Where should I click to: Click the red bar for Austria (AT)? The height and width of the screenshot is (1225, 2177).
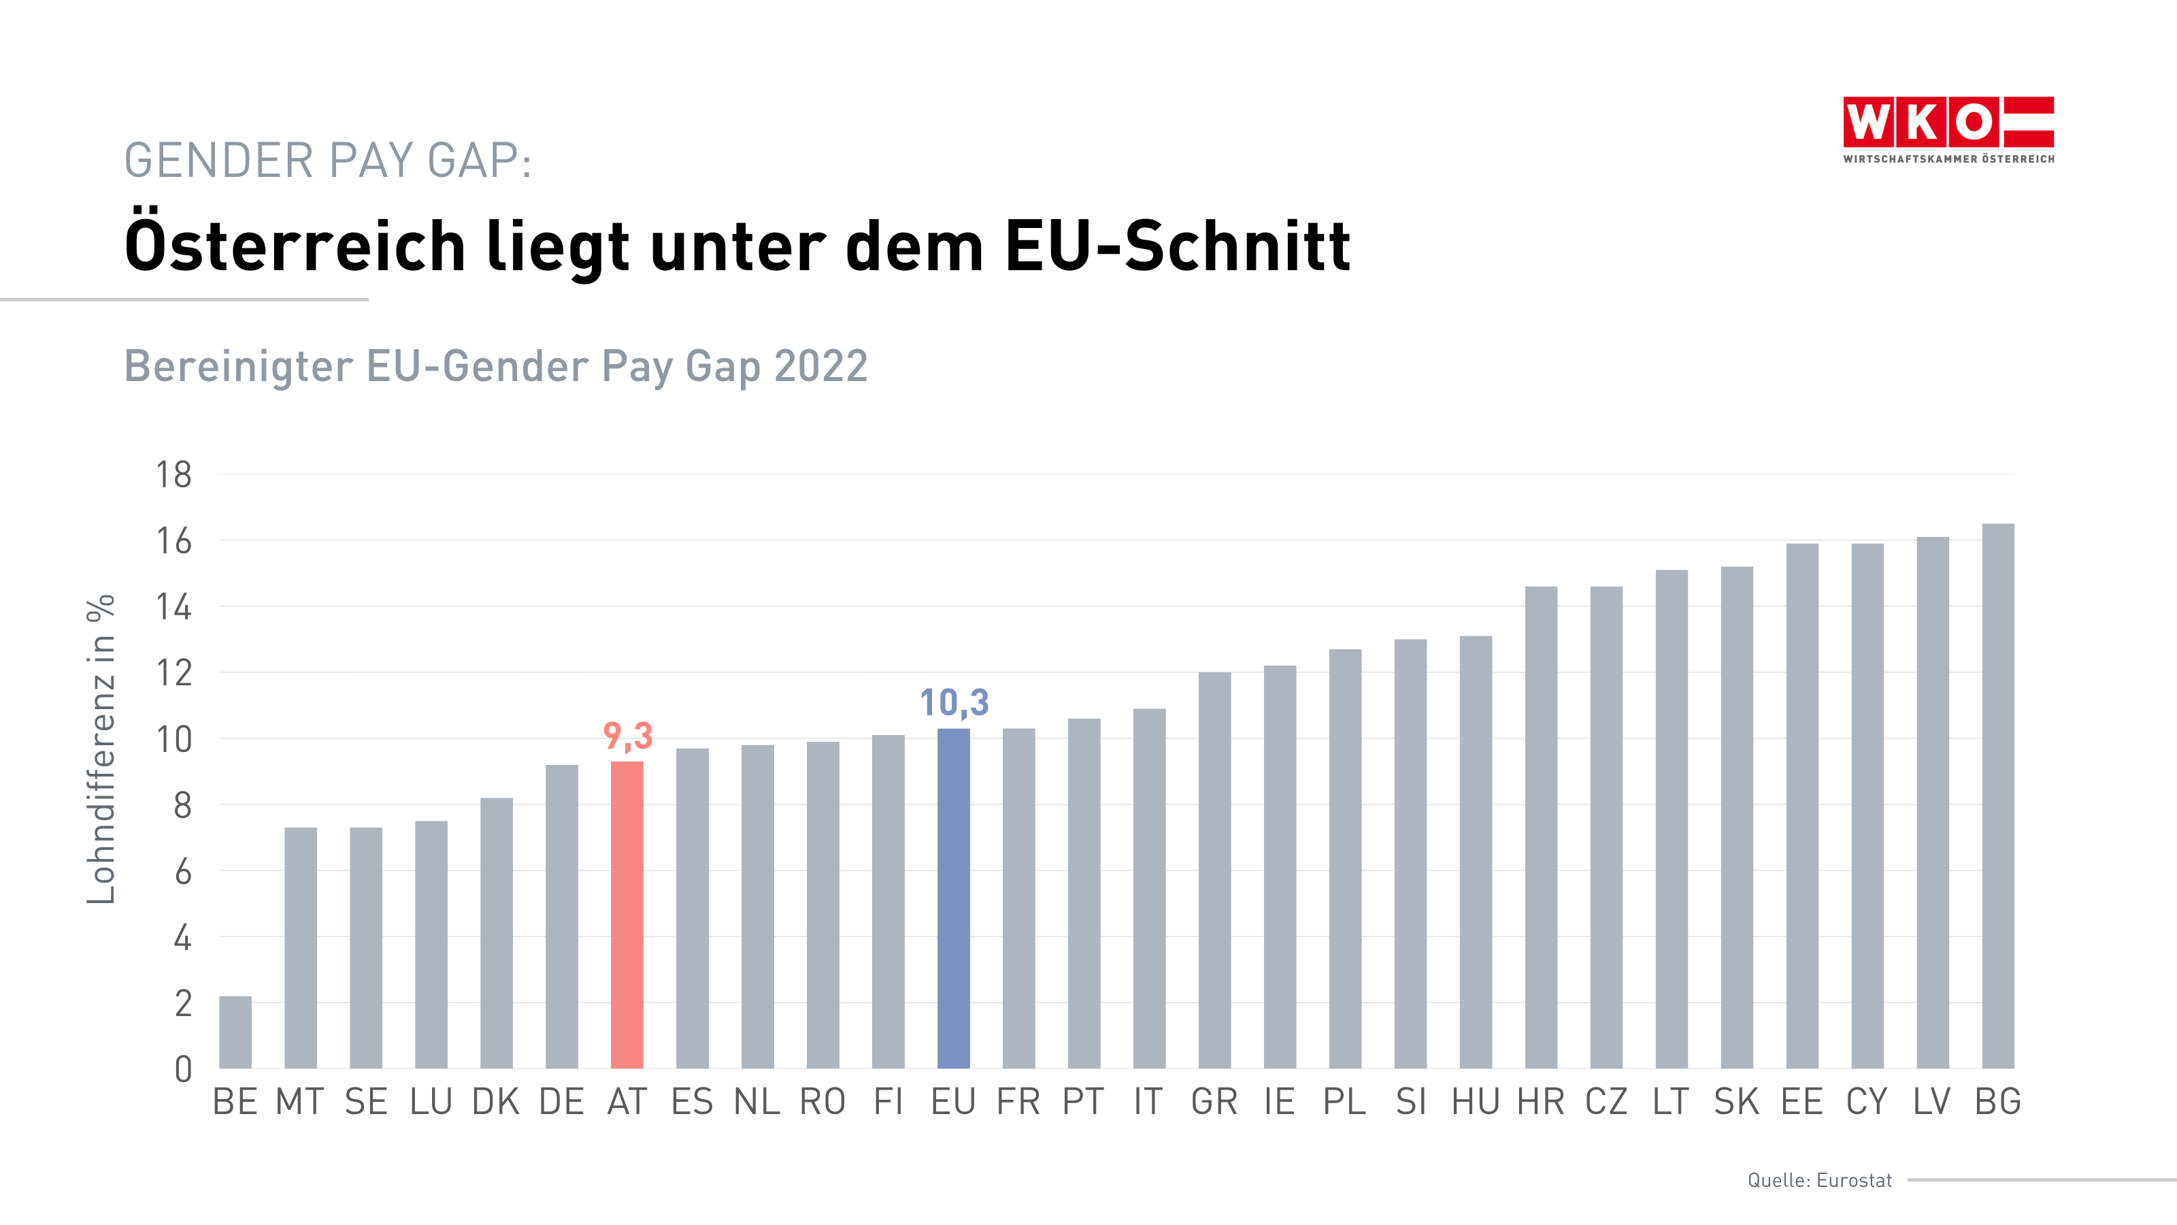click(x=627, y=915)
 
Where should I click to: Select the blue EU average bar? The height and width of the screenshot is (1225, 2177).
click(x=953, y=898)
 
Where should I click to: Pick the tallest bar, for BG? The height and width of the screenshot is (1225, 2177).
click(x=1998, y=796)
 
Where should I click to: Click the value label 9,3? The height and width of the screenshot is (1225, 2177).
click(x=628, y=736)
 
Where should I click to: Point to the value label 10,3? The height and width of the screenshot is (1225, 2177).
click(x=954, y=702)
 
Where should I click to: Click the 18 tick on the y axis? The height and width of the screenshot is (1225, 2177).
click(x=173, y=475)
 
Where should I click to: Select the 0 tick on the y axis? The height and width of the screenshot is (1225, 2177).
click(x=182, y=1069)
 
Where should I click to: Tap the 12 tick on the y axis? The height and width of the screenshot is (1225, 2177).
click(x=173, y=673)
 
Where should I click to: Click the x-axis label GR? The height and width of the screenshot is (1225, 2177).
click(x=1214, y=1102)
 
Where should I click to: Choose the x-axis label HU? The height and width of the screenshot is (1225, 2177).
click(x=1476, y=1102)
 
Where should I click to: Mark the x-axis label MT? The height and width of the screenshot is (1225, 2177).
click(x=300, y=1102)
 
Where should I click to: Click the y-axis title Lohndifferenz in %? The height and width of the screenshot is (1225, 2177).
click(x=101, y=749)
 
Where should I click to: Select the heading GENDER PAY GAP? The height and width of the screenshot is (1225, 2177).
click(x=328, y=161)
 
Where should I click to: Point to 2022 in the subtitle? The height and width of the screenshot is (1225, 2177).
click(x=820, y=366)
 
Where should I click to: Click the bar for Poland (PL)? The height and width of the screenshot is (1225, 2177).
click(x=1344, y=858)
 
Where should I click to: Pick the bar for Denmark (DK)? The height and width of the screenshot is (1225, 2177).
click(x=496, y=932)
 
